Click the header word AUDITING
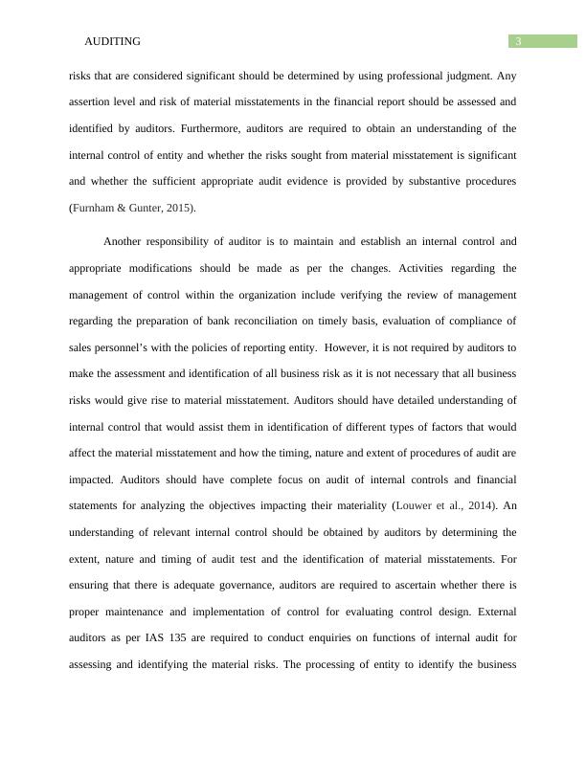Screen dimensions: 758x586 pos(113,41)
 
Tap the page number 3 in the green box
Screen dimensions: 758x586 pos(518,41)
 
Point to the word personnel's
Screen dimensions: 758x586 pos(129,347)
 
